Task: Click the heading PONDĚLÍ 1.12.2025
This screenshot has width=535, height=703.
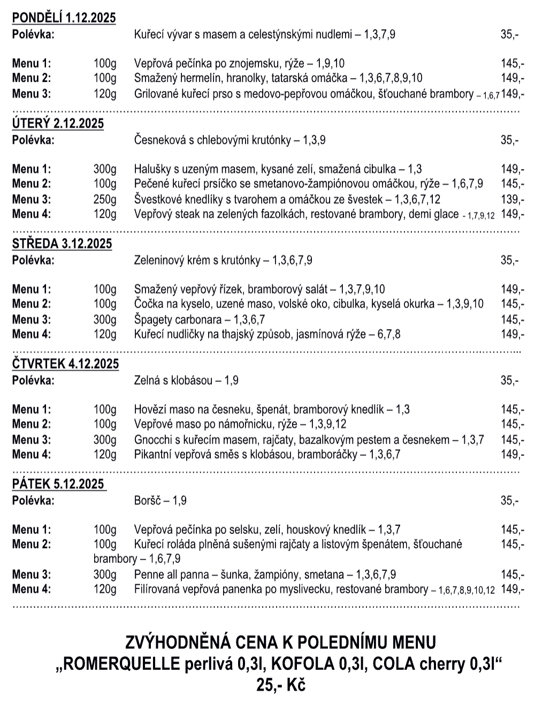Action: click(64, 18)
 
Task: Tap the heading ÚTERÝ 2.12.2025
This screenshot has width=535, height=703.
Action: click(58, 124)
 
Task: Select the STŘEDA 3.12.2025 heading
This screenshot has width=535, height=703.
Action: click(62, 244)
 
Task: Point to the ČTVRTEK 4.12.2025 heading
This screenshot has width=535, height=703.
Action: click(65, 364)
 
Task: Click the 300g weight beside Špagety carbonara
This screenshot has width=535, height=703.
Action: click(105, 320)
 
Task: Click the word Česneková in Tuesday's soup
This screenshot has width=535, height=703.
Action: click(157, 141)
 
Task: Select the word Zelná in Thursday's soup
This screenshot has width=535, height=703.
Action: click(146, 381)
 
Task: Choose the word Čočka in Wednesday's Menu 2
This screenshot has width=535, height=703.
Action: click(148, 304)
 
